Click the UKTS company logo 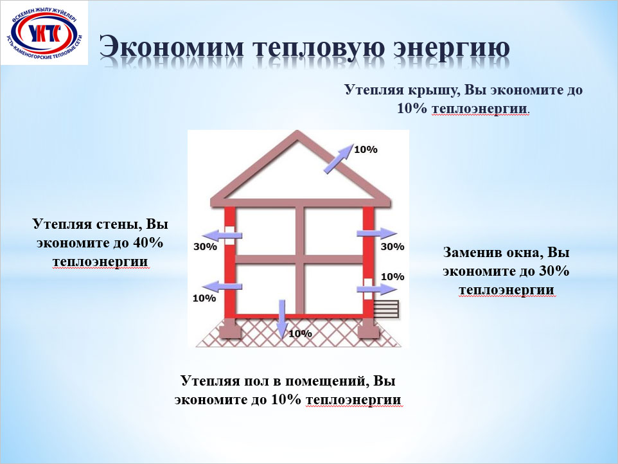pyautogui.click(x=44, y=33)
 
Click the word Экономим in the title pyautogui.click(x=172, y=47)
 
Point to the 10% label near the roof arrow pyautogui.click(x=366, y=149)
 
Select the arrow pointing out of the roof pyautogui.click(x=339, y=159)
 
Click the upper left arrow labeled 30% pyautogui.click(x=224, y=235)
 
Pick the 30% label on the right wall pyautogui.click(x=393, y=246)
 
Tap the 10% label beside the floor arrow pyautogui.click(x=301, y=334)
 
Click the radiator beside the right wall pyautogui.click(x=386, y=309)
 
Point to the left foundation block pyautogui.click(x=230, y=329)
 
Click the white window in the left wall pyautogui.click(x=229, y=236)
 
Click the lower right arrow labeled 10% pyautogui.click(x=377, y=289)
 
